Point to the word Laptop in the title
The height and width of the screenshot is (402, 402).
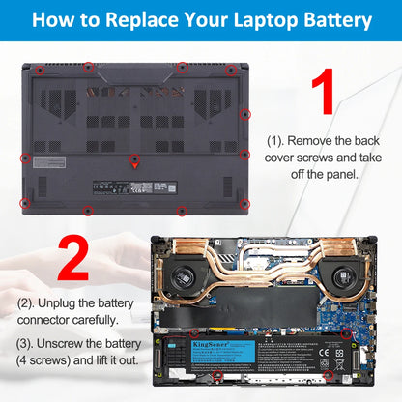click(254, 20)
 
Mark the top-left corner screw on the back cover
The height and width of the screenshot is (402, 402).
click(38, 71)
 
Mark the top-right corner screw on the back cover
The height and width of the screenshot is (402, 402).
click(230, 71)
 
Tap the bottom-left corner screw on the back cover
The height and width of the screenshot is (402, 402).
click(26, 204)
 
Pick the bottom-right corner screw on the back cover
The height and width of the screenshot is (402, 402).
click(244, 204)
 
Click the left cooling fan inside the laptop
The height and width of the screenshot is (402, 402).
click(179, 281)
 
